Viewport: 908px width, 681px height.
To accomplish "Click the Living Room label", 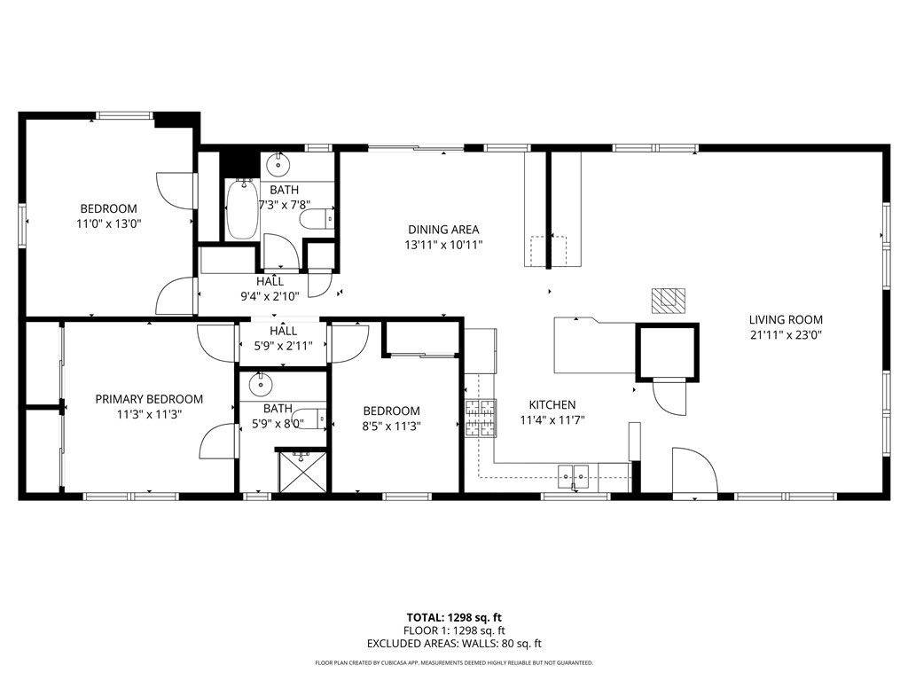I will pos(786,320).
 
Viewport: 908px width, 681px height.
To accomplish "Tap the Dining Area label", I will pos(443,230).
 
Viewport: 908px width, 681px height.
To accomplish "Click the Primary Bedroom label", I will pos(149,399).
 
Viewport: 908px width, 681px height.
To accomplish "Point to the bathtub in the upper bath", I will pos(241,209).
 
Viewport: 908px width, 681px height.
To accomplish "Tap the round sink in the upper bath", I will pos(278,164).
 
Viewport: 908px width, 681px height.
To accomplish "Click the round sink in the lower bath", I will pos(260,384).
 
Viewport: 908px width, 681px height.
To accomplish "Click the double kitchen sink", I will pos(573,476).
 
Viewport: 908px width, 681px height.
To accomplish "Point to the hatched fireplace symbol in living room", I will pos(668,301).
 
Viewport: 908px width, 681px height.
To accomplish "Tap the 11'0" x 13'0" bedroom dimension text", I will pos(109,224).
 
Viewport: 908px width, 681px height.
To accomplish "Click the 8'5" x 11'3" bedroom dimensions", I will pos(391,426).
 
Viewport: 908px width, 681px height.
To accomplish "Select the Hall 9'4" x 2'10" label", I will pos(270,288).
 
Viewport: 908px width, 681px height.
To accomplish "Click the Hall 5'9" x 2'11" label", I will pos(283,338).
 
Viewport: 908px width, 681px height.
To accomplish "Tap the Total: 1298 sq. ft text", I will pos(454,617).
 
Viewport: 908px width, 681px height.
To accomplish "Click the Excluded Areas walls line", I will pos(454,644).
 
